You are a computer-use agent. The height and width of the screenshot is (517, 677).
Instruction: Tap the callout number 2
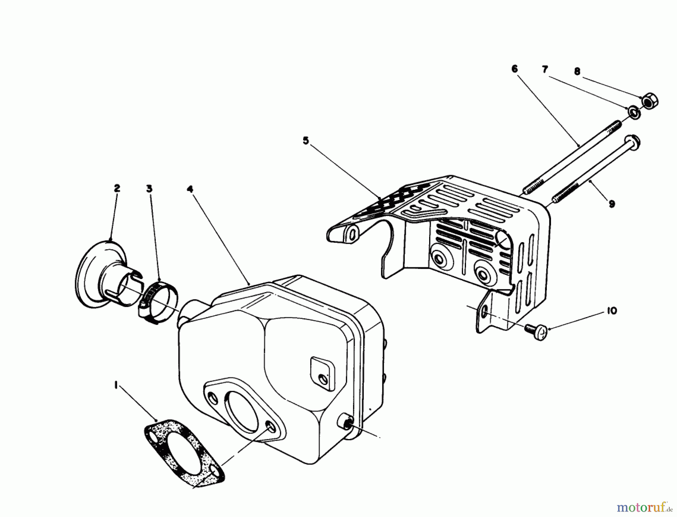pyautogui.click(x=117, y=188)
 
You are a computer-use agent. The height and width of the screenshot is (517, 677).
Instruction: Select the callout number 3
pyautogui.click(x=149, y=188)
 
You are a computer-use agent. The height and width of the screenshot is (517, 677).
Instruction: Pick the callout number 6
pyautogui.click(x=515, y=69)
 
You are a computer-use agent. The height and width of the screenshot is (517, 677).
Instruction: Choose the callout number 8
pyautogui.click(x=577, y=71)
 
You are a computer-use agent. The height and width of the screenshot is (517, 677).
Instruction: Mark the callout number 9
pyautogui.click(x=612, y=204)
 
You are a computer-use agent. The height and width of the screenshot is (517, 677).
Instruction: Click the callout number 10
pyautogui.click(x=612, y=311)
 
